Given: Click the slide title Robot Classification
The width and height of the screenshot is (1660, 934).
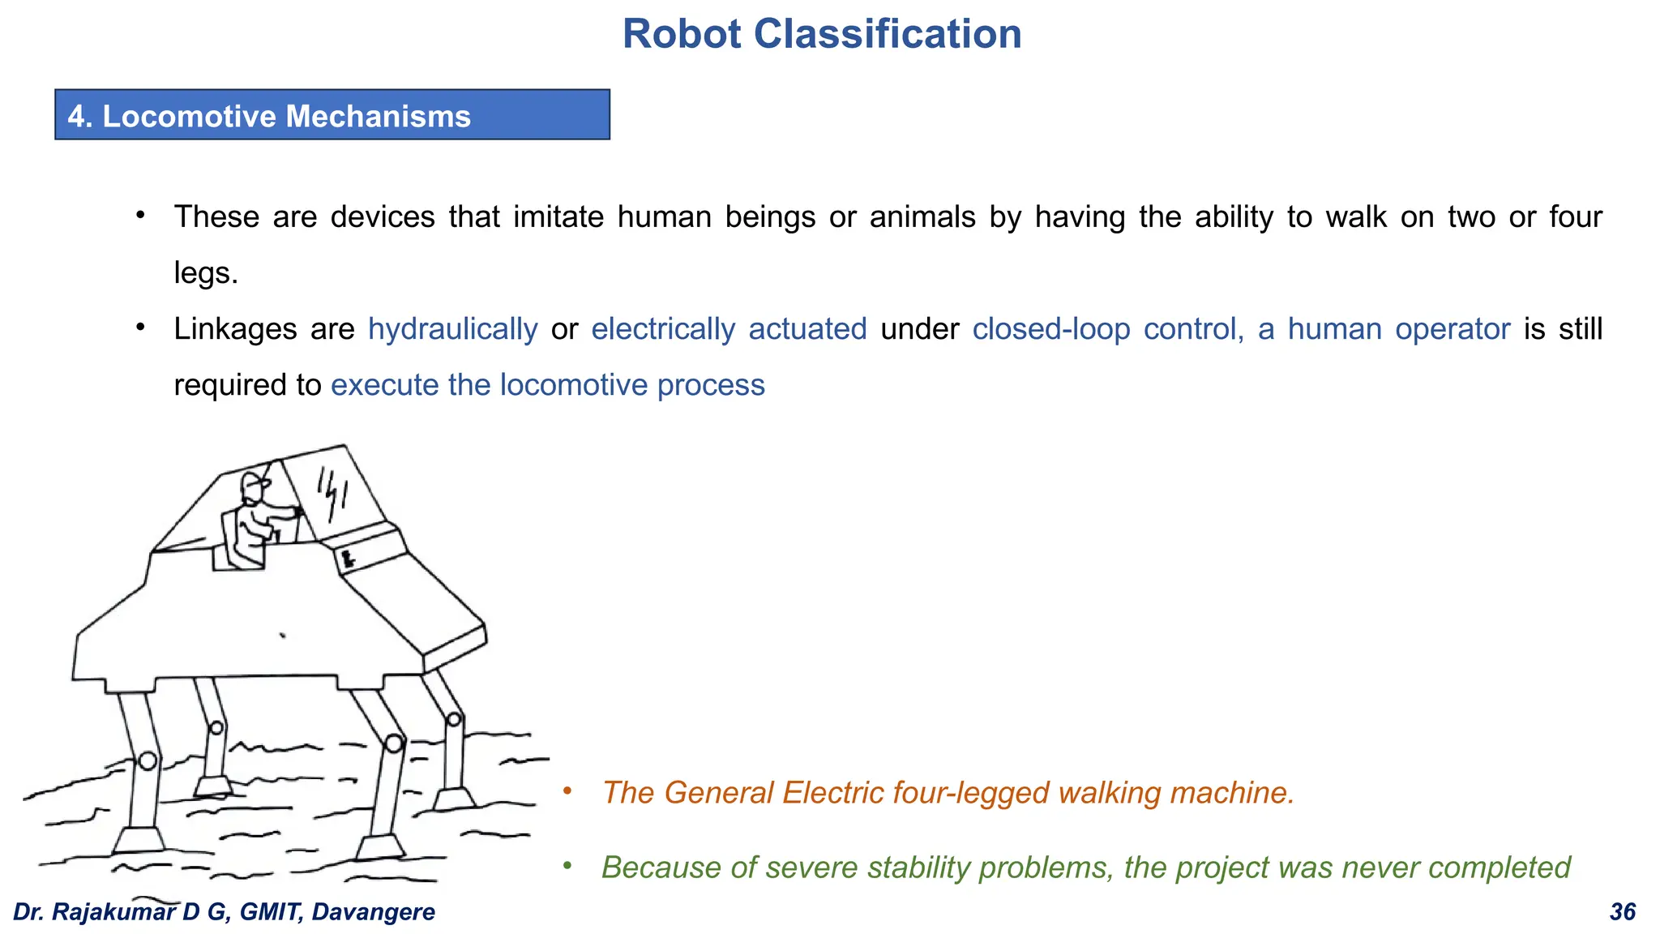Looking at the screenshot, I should click(821, 34).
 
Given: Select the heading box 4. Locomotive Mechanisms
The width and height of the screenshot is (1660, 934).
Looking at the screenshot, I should click(332, 115).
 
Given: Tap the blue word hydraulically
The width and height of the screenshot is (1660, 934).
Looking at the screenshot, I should click(452, 329).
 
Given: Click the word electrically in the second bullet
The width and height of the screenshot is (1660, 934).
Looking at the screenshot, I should click(663, 329).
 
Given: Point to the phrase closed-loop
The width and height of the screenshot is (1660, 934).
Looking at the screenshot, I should click(1051, 329).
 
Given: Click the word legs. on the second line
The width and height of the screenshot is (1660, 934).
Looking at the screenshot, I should click(206, 272).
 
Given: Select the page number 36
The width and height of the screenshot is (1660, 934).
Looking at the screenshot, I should click(1622, 912).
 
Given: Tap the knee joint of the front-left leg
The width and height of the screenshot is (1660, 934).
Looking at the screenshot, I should click(148, 760).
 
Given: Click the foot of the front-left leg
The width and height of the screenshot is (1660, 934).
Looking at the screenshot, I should click(138, 841).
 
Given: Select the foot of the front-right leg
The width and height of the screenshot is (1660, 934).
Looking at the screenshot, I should click(380, 848).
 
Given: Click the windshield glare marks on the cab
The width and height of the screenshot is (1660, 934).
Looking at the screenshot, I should click(332, 493).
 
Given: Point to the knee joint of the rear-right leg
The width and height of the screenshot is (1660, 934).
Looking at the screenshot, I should click(454, 719).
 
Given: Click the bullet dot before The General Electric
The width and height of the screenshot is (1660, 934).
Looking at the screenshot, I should click(567, 790).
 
